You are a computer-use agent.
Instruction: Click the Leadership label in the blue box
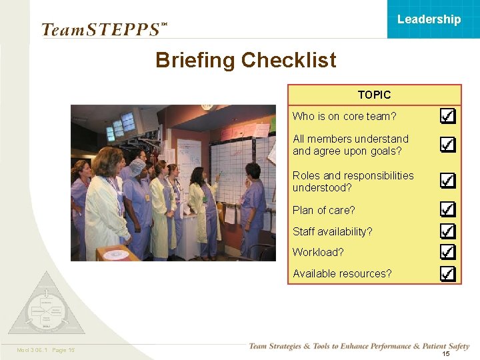(x=429, y=19)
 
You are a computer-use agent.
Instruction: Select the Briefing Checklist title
(x=245, y=61)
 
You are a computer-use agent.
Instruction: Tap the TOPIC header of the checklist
(x=374, y=95)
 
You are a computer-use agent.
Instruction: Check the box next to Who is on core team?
(x=448, y=116)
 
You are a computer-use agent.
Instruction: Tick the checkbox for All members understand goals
(x=448, y=145)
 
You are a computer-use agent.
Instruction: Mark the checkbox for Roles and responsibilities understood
(x=448, y=181)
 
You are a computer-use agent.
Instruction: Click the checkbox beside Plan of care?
(x=448, y=209)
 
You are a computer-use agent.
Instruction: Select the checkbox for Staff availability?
(x=448, y=231)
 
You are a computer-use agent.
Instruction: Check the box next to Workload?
(x=448, y=252)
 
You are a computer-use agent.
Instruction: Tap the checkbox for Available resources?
(x=448, y=273)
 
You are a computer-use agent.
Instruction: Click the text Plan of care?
(x=324, y=210)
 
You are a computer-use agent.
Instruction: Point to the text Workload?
(x=318, y=253)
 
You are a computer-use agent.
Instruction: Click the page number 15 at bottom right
(x=446, y=354)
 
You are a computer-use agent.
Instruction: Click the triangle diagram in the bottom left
(x=46, y=307)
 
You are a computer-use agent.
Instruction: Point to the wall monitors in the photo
(x=121, y=125)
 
